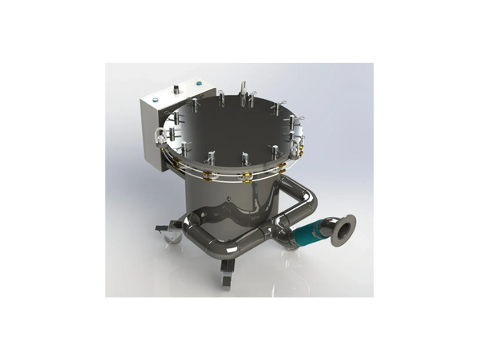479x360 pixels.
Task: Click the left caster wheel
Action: tap(170, 234)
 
